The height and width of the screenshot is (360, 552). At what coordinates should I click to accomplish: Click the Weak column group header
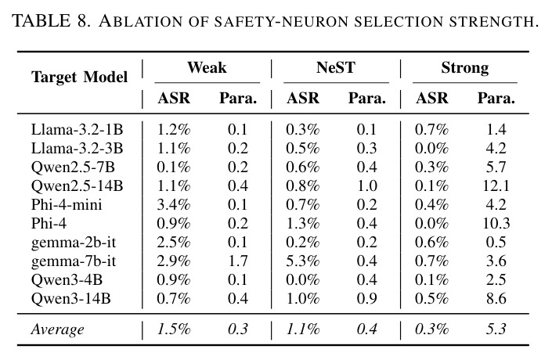pos(207,67)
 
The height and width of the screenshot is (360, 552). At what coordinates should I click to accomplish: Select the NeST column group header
pos(336,67)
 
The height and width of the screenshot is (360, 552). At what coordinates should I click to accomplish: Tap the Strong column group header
pos(465,68)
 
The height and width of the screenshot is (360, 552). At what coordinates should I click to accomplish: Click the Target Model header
pos(79,77)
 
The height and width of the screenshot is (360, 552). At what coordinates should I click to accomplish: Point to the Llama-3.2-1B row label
pos(77,129)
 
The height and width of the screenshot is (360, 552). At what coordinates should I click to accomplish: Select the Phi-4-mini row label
pos(67,204)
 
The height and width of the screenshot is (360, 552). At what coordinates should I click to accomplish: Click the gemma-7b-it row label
pos(74,261)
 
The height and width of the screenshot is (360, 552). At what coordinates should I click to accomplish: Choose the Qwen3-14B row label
pos(70,299)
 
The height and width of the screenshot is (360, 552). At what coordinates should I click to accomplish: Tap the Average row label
pos(57,329)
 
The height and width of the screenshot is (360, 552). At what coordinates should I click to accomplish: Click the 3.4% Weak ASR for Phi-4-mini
pos(174,204)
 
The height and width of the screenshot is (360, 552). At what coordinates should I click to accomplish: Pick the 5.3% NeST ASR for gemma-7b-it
pos(303,261)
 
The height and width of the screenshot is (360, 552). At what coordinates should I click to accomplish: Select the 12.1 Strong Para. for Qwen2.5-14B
pos(496,185)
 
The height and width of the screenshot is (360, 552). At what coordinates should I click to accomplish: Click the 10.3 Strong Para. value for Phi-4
pos(496,224)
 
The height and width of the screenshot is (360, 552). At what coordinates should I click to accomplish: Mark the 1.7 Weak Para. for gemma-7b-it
pos(237,261)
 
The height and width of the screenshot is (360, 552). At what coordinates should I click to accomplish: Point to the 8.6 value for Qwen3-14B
pos(496,299)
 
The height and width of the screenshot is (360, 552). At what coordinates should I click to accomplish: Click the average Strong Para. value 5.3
pos(496,329)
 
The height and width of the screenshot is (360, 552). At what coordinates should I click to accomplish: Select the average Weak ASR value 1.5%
pos(174,329)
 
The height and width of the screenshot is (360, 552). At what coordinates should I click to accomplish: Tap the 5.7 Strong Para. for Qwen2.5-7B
pos(496,167)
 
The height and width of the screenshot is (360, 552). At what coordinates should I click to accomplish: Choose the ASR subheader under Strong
pos(432,98)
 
